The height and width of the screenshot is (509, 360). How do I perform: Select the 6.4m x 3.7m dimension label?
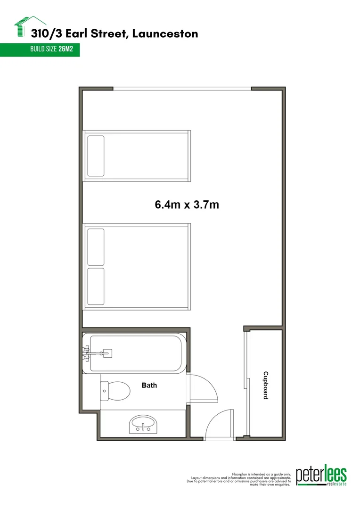click(x=188, y=205)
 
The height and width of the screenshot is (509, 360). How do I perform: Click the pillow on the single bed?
click(x=95, y=156)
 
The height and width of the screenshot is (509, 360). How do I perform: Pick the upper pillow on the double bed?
click(x=96, y=246)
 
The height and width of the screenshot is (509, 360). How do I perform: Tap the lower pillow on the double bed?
click(x=96, y=287)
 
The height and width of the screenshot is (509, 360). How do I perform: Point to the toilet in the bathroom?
click(x=116, y=390)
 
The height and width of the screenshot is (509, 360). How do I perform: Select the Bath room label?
click(x=149, y=386)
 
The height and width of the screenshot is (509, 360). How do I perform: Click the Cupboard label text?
click(x=265, y=386)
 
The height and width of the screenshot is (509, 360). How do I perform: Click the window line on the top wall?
click(x=182, y=89)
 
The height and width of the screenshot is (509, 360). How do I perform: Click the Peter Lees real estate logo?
click(x=321, y=476)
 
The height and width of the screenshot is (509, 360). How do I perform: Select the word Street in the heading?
click(x=113, y=33)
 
